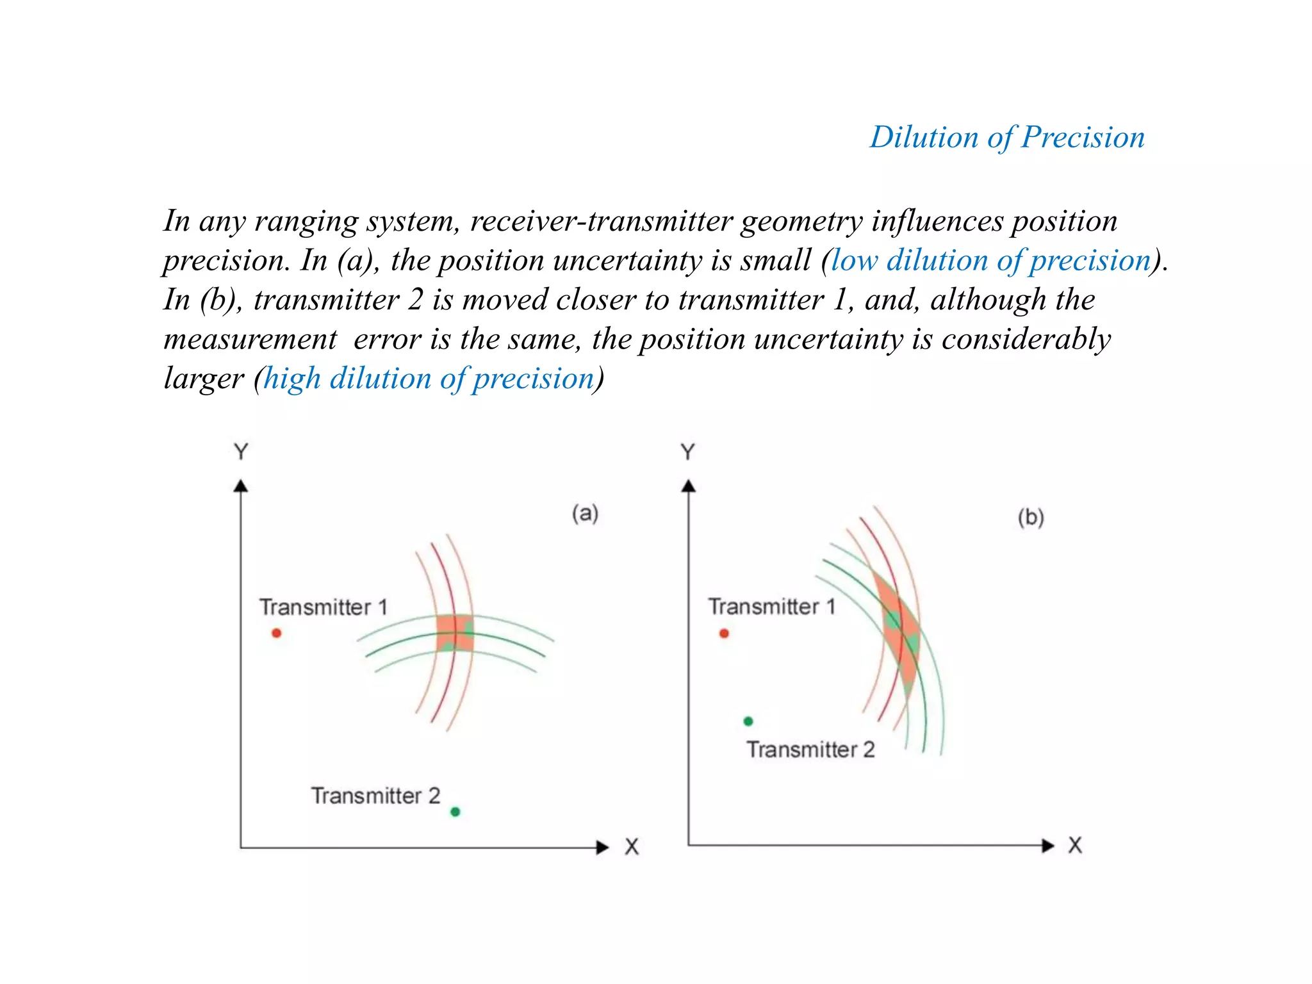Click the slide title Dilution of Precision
pos(1006,137)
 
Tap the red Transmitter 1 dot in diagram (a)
pos(277,633)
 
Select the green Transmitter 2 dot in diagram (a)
pos(455,812)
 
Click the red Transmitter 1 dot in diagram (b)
pos(724,633)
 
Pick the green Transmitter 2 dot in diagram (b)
pos(748,721)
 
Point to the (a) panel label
pos(585,513)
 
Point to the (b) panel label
pos(1031,517)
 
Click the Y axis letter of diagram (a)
pos(241,452)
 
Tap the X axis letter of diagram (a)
pos(632,847)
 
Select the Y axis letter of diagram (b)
pos(688,452)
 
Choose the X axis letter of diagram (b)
pos(1075,846)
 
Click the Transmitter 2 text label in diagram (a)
pos(376,796)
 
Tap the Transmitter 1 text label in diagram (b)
pos(772,606)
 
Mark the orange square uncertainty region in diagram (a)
pos(455,633)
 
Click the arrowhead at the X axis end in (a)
pos(602,848)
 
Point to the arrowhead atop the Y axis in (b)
pos(689,486)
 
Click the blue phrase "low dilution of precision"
pos(990,260)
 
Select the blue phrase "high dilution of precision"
pos(429,379)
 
